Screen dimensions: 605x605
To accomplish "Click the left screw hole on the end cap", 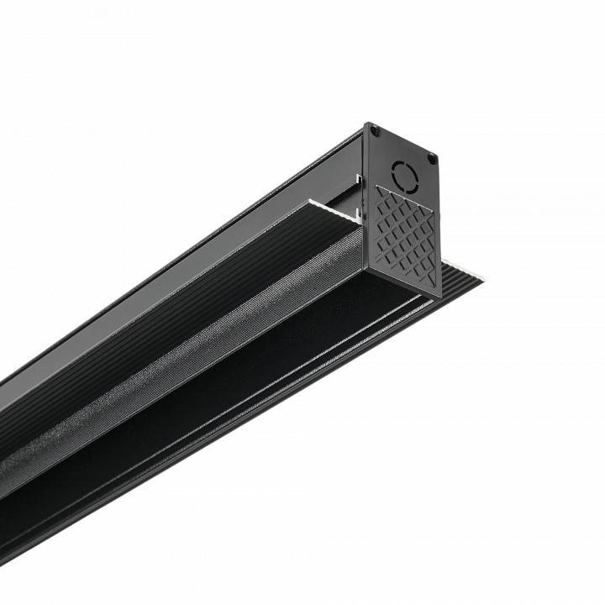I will point(375,131).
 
